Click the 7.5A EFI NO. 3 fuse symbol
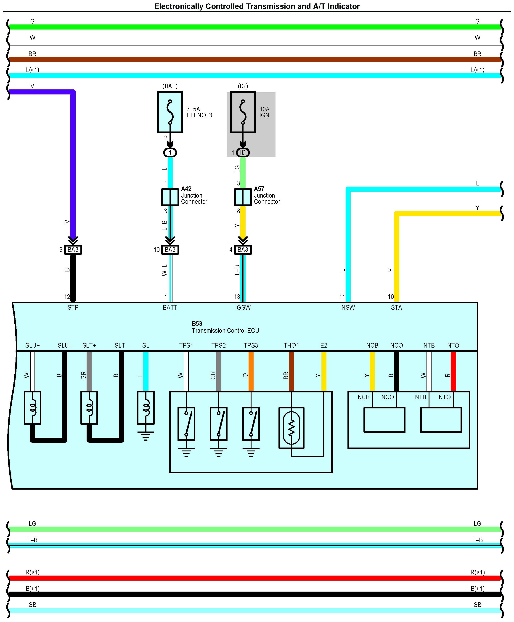170,112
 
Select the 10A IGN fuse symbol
243,112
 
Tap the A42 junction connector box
170,197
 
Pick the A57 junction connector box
243,197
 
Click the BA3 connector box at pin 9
73,250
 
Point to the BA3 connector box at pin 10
170,250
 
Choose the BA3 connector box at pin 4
243,250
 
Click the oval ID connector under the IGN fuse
243,153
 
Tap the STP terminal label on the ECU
73,307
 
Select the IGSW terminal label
243,307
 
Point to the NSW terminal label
348,307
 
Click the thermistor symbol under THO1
291,428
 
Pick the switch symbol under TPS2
219,424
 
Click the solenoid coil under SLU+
32,408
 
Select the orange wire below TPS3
251,371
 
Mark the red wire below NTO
453,371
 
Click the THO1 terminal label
291,345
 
